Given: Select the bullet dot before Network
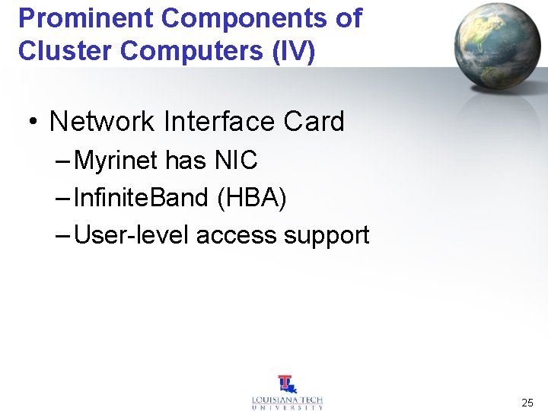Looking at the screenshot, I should coord(34,122).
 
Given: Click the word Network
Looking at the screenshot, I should coord(103,121).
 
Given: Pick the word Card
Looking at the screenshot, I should coord(314,121).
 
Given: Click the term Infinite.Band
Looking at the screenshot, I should coord(142,198).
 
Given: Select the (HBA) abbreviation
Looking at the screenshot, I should coord(252,198).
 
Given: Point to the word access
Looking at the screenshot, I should coord(237,235).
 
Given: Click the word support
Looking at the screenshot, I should coord(327,235).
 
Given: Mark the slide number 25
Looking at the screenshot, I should coord(527,403).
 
